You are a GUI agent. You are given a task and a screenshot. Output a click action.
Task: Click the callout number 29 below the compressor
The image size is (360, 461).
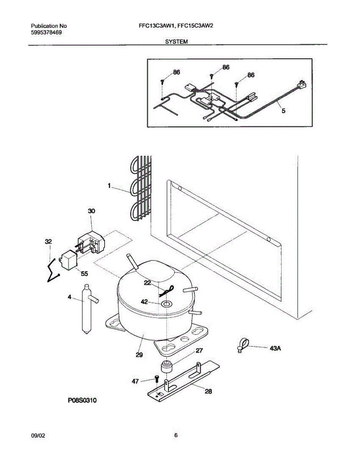point(139,355)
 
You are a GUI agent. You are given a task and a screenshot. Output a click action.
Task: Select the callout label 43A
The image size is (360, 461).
point(275,348)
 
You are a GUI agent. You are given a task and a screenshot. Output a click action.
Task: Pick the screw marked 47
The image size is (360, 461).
point(156,379)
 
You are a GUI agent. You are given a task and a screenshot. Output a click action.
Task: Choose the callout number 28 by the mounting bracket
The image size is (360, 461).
point(207,392)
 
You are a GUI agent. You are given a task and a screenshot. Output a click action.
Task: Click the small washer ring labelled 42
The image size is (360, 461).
point(167,305)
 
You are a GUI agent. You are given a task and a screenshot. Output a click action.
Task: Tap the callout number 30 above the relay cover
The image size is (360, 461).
point(91,211)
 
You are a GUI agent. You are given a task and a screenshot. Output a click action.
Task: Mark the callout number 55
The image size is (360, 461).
point(84,274)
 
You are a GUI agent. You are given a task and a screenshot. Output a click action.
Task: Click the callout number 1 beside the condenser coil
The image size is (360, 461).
point(109,186)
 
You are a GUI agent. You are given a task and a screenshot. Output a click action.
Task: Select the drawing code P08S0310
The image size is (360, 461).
point(82,401)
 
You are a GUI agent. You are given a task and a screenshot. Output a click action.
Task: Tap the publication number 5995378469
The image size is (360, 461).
point(46,33)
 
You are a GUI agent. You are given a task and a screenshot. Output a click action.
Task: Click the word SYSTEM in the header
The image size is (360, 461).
point(176,41)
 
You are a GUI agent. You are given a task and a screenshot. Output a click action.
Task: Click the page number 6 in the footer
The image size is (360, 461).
point(176,435)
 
